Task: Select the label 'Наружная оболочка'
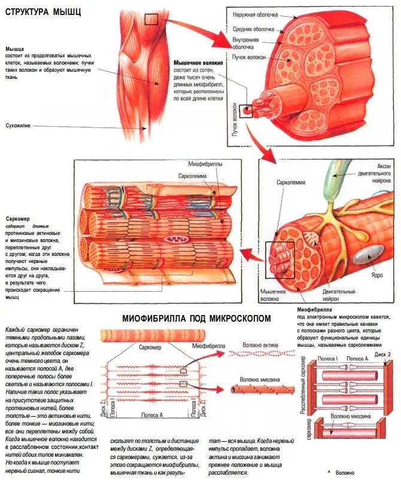[256, 14]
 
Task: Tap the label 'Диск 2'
[383, 354]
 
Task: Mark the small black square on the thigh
[151, 19]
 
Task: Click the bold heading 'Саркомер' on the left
[17, 219]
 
